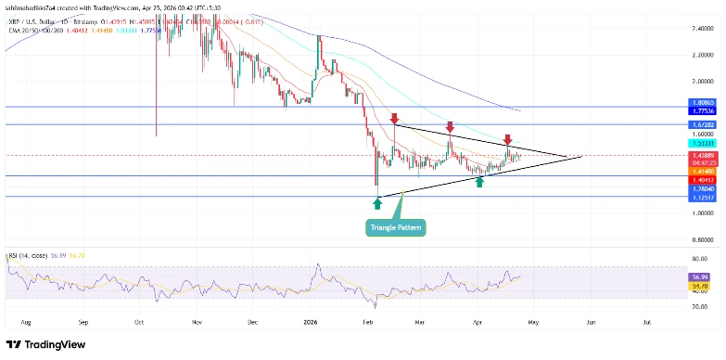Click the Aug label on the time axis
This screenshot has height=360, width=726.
pyautogui.click(x=26, y=323)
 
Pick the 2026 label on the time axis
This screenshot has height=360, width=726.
pyautogui.click(x=311, y=323)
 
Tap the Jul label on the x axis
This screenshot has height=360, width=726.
pyautogui.click(x=646, y=323)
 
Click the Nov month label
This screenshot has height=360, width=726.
pyautogui.click(x=196, y=323)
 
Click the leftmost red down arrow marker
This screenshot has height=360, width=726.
pyautogui.click(x=394, y=119)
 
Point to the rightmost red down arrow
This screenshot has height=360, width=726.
pyautogui.click(x=507, y=139)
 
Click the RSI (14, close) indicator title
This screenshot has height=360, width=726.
pyautogui.click(x=28, y=252)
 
